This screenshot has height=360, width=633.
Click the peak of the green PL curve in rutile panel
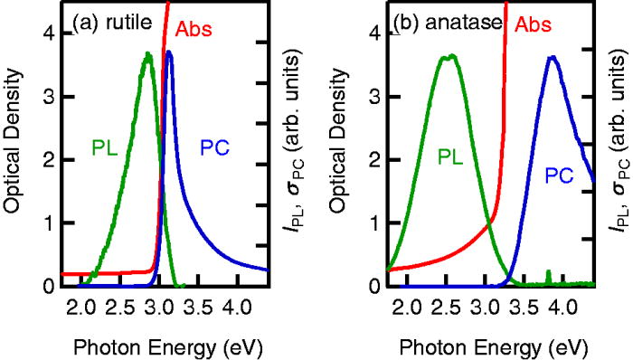pyautogui.click(x=147, y=54)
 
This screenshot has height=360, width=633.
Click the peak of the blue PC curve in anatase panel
pyautogui.click(x=553, y=58)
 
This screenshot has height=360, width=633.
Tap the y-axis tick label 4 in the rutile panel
pyautogui.click(x=48, y=33)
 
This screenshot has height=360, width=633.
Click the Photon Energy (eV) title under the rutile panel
pyautogui.click(x=152, y=347)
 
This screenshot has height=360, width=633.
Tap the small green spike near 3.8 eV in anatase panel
pyautogui.click(x=548, y=275)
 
